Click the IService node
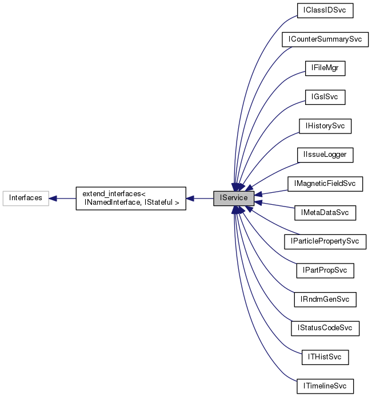234,198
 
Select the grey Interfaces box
26,198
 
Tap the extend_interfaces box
131,198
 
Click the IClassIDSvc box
325,10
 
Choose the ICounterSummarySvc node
325,39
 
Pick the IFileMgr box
325,68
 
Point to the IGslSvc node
325,97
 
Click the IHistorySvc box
325,126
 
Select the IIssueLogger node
325,155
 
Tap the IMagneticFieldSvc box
325,184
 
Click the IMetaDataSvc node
325,213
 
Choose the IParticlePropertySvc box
325,242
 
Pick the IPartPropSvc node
325,270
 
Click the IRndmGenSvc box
325,299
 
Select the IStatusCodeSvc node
325,329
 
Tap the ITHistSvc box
325,358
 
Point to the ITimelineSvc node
325,386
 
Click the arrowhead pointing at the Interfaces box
53,198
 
